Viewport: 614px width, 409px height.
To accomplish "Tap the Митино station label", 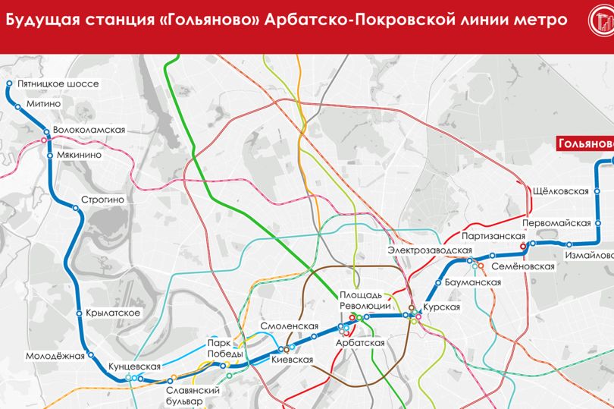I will point(43,104).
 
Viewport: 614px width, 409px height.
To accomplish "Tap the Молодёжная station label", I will point(54,356).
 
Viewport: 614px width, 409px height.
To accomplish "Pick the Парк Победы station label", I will point(225,348).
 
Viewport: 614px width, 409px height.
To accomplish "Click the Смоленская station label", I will point(288,327).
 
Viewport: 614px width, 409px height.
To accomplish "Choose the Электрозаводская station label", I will point(425,250).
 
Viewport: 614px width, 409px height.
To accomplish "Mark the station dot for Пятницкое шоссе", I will point(8,84).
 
